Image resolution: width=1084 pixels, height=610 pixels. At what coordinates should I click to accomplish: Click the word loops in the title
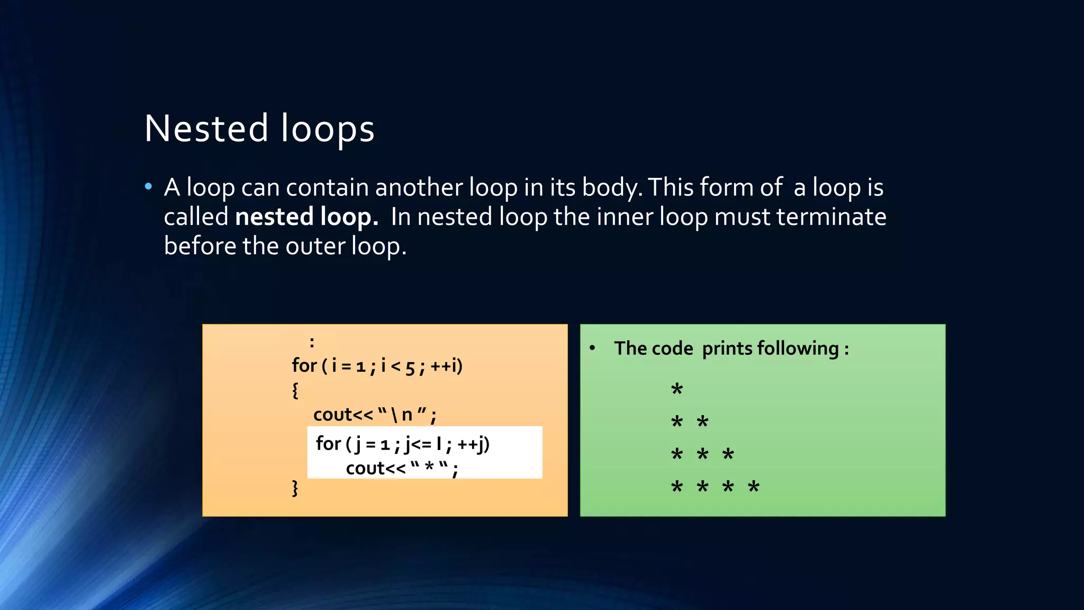[x=328, y=129]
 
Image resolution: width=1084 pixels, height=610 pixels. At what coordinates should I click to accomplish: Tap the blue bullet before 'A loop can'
[x=149, y=186]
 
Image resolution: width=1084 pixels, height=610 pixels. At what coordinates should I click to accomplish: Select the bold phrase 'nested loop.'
[x=306, y=217]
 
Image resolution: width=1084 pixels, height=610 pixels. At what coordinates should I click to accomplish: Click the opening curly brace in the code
[x=295, y=390]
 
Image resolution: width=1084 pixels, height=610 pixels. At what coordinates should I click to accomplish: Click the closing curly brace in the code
[x=295, y=488]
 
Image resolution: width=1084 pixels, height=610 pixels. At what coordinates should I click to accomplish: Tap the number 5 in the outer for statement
[x=410, y=366]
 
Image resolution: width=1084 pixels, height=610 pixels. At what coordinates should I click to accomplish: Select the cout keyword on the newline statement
[x=332, y=415]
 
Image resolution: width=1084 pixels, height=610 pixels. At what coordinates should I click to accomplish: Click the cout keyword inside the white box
[x=365, y=469]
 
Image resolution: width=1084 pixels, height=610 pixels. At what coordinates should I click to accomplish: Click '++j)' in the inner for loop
[x=474, y=444]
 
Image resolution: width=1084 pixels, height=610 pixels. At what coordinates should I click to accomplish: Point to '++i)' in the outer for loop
[x=447, y=366]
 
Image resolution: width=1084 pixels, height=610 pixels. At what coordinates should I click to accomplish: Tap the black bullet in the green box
[x=593, y=348]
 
